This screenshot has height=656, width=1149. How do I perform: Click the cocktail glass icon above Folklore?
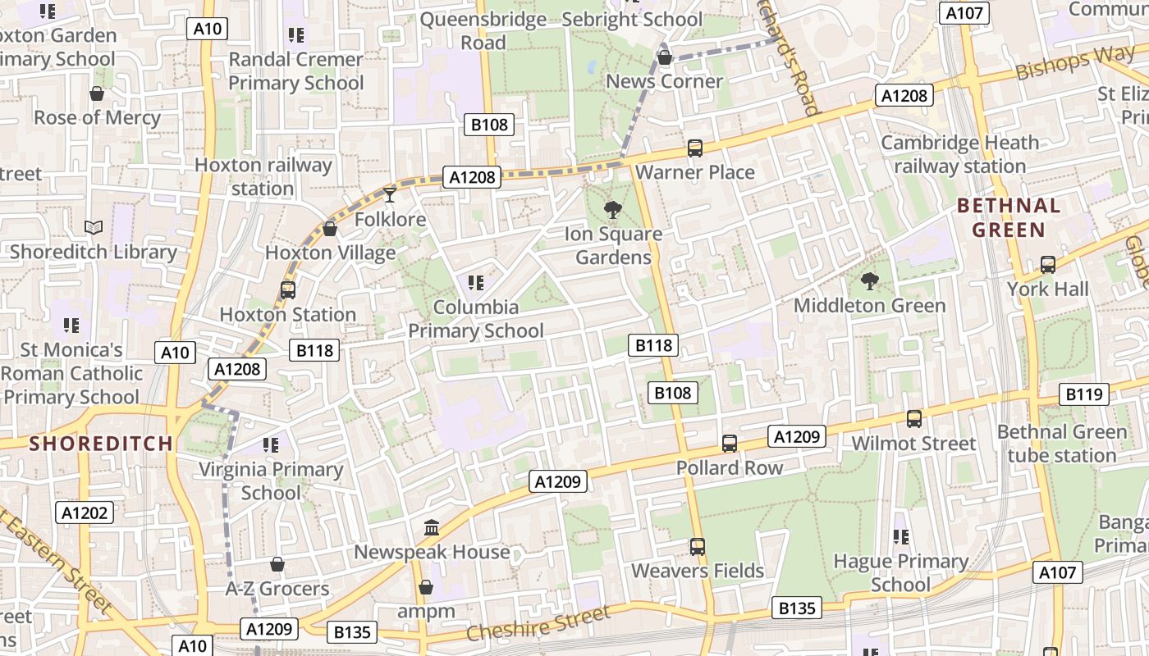point(390,194)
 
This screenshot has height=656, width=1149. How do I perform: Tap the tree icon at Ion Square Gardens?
point(612,210)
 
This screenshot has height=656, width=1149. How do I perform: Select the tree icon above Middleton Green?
point(869,281)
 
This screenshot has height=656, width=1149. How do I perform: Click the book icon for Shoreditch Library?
point(94,227)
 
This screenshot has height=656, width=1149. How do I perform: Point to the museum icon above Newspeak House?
point(432,527)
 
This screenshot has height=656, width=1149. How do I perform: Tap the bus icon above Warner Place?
point(695,148)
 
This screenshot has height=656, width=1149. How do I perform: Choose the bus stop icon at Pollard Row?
point(730,444)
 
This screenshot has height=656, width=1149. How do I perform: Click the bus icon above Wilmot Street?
point(914,419)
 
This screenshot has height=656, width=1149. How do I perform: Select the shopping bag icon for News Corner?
point(665,57)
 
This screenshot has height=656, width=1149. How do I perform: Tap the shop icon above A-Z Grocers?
point(277,564)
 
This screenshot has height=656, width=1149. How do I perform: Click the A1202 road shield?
point(85,513)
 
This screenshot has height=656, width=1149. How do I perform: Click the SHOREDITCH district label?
point(101,444)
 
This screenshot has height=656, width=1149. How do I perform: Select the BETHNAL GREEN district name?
point(1009,217)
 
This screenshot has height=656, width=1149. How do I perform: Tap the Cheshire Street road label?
point(539,624)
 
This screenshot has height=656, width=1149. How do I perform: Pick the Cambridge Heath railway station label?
point(959,154)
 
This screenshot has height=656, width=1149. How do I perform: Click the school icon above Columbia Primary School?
point(475,283)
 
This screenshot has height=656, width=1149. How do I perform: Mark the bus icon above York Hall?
point(1048,265)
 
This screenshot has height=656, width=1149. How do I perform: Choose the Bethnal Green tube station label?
point(1062,444)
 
